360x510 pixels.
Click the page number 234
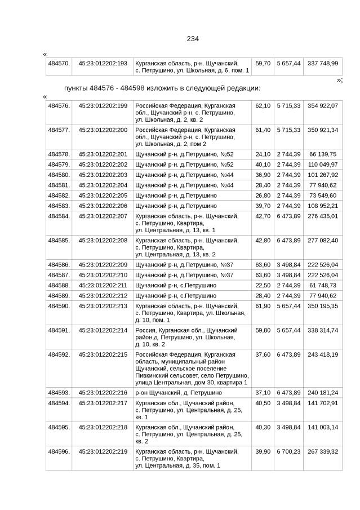193,39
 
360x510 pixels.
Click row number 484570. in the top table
59,63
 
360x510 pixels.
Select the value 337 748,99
323,63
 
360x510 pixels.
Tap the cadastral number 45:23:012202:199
103,105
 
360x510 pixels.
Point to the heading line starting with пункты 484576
162,88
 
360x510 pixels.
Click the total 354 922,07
323,105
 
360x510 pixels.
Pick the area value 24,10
263,154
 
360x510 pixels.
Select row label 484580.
59,175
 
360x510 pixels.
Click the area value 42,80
263,240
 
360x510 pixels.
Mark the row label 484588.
59,285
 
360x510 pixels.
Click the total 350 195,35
323,305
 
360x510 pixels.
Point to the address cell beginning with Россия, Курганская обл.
186,336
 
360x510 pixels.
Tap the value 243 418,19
323,354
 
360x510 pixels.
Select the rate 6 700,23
288,451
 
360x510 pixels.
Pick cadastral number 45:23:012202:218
103,427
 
